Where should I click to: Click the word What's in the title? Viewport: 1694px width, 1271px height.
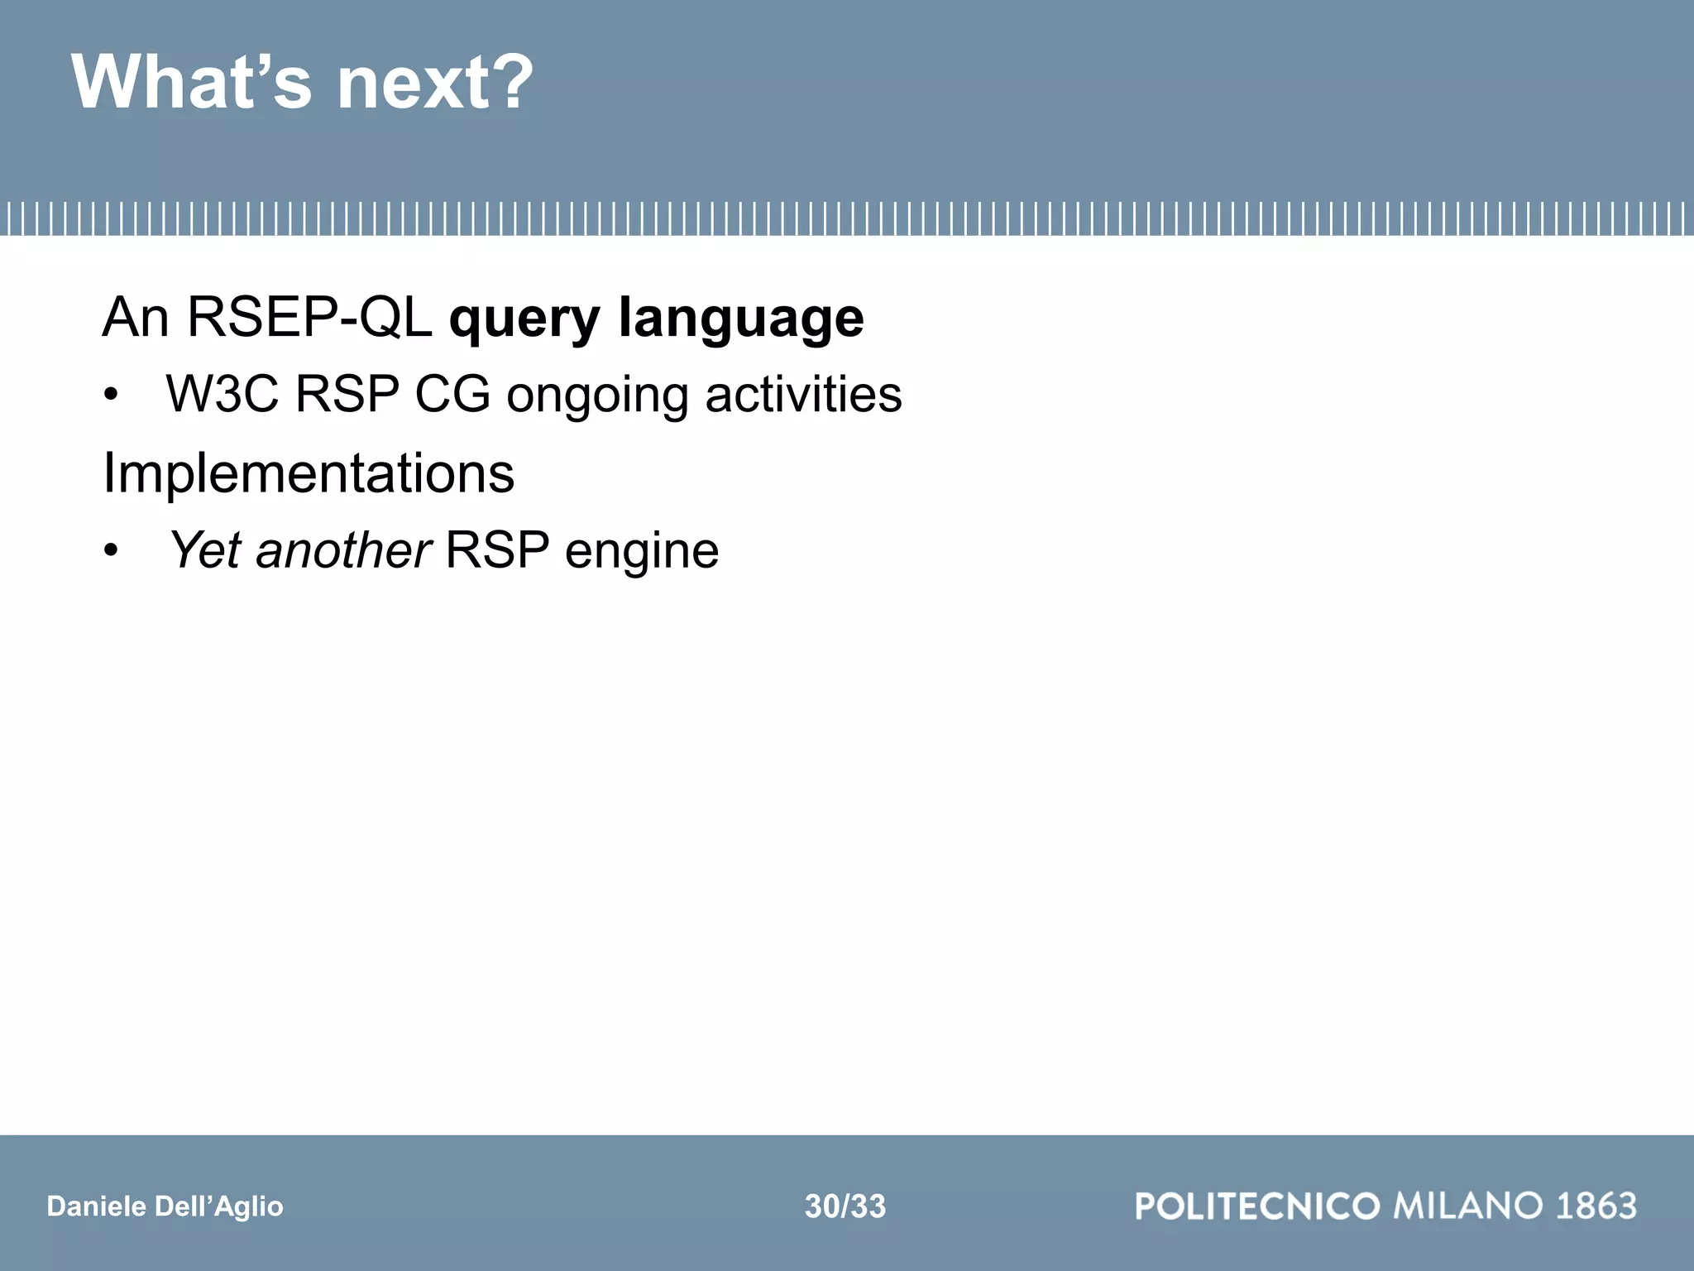(x=192, y=82)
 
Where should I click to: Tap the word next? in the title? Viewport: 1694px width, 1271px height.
(x=435, y=84)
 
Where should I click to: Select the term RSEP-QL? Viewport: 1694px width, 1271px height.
(x=309, y=318)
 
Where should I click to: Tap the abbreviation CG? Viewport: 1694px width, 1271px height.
(x=452, y=395)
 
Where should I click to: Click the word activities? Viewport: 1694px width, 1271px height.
(x=803, y=395)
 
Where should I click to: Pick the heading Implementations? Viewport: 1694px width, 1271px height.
(x=309, y=475)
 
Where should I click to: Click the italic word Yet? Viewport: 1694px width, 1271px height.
(x=204, y=550)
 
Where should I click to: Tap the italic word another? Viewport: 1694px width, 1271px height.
(x=343, y=551)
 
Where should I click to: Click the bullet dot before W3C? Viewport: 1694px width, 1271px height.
(x=111, y=396)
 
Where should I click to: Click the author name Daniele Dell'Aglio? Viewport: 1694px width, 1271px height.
(x=165, y=1206)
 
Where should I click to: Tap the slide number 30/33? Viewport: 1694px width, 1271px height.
(x=845, y=1206)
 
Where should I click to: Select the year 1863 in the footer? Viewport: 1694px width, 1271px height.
(x=1596, y=1206)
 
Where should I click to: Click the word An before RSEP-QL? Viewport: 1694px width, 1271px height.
(x=135, y=318)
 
